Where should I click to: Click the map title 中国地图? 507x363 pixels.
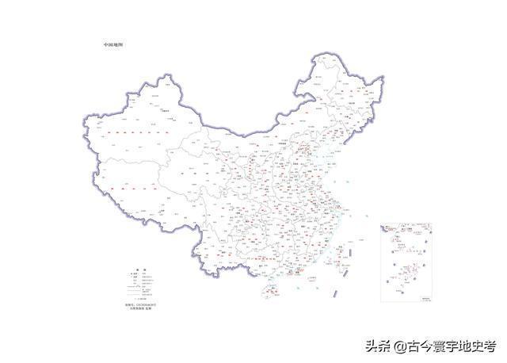(x=112, y=44)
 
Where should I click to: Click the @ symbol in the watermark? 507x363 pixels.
(x=401, y=347)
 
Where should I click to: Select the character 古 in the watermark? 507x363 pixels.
(x=414, y=346)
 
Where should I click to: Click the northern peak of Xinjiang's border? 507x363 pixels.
(x=168, y=76)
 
